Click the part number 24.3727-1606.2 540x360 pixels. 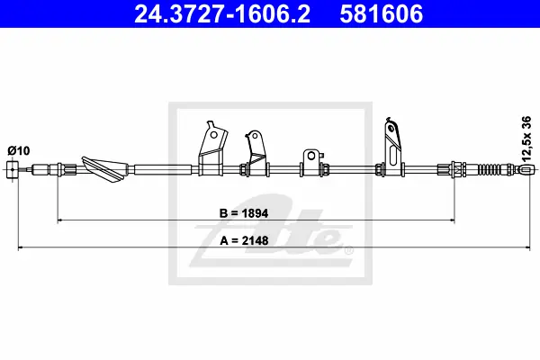(x=222, y=13)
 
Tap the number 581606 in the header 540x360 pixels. (x=382, y=13)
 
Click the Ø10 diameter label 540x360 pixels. (x=19, y=150)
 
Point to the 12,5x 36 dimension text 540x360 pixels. (x=526, y=139)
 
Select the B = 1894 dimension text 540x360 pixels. (x=244, y=213)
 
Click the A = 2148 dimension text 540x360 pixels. (x=244, y=240)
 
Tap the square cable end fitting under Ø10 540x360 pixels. (x=13, y=169)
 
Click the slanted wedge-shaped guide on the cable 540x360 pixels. (x=105, y=168)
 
